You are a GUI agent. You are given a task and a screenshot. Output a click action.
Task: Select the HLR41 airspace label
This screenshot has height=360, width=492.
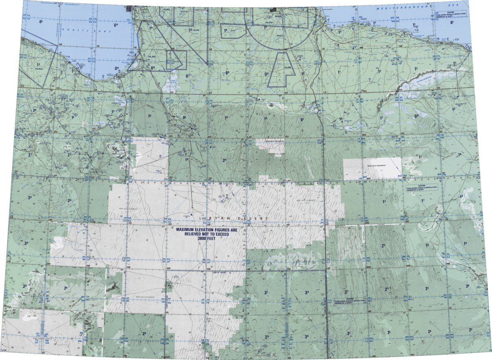40,69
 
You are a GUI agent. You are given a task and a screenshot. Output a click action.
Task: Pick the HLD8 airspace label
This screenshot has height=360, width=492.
288,67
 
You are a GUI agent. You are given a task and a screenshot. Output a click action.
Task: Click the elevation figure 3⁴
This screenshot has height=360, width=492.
306,292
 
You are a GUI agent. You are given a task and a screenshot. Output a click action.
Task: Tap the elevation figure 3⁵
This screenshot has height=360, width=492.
388,332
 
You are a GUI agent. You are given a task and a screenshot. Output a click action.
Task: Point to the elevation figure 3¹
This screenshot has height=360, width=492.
266,292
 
